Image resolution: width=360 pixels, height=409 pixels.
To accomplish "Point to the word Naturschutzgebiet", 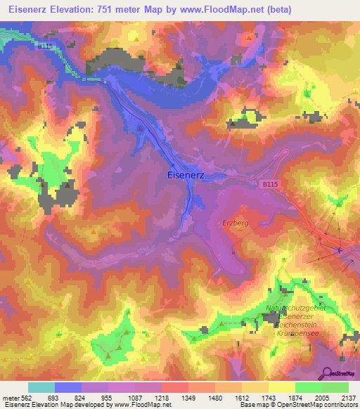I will [295, 308].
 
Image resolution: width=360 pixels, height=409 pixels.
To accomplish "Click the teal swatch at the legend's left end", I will [41, 387].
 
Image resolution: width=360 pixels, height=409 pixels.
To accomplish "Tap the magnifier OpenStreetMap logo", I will [326, 373].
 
